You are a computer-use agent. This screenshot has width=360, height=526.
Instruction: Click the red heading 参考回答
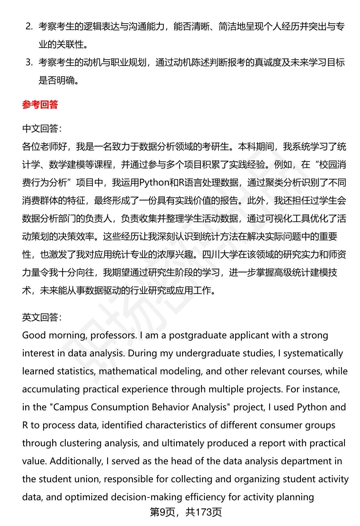click(40, 105)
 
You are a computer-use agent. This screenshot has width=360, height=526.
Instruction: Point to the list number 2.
click(29, 26)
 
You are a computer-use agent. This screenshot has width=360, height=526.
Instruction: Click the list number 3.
click(29, 62)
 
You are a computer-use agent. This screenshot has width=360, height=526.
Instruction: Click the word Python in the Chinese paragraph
click(154, 183)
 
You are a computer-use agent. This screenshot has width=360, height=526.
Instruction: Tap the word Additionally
click(76, 461)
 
